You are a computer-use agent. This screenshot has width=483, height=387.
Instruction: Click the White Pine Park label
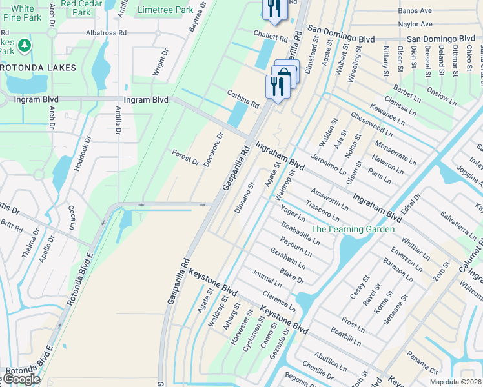coord(23,12)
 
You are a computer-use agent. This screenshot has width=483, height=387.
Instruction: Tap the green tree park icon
coord(24,45)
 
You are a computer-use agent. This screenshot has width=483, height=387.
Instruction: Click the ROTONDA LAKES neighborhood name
coord(38,67)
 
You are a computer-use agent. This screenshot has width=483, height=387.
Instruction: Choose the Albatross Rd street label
coord(107,32)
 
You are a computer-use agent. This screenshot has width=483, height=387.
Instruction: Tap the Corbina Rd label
coord(243,98)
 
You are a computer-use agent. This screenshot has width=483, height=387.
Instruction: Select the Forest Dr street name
coord(185,157)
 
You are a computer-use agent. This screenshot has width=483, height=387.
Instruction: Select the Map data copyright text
coord(455,382)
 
